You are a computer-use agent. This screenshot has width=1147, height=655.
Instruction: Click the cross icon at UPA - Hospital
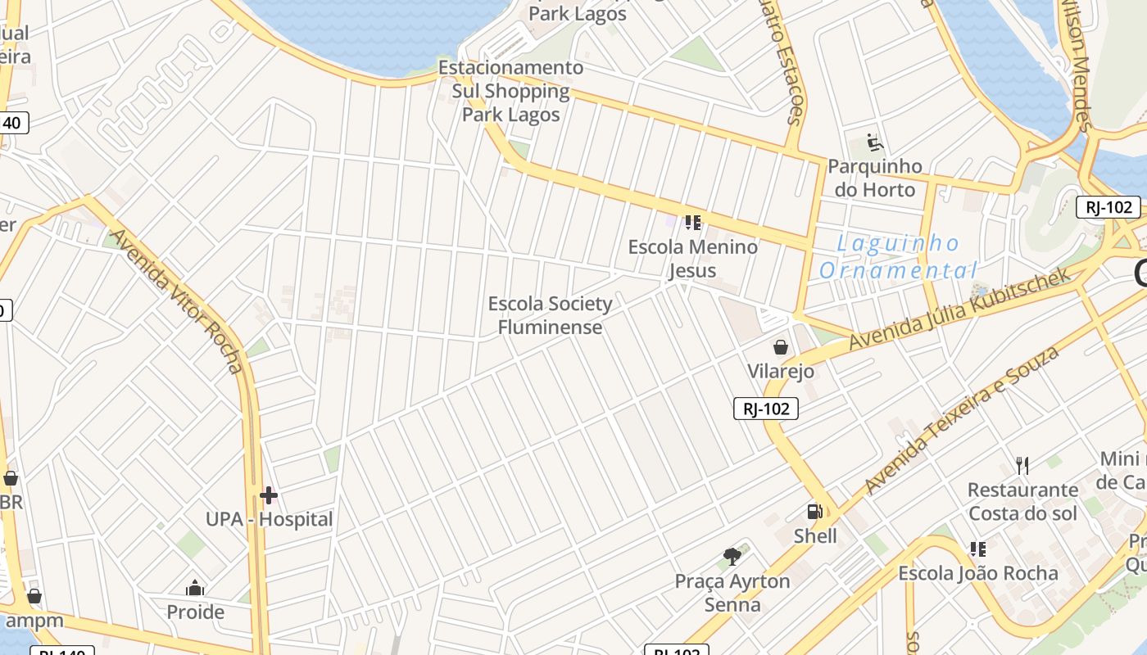pos(268,495)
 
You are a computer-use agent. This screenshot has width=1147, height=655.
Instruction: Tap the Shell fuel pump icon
pos(815,512)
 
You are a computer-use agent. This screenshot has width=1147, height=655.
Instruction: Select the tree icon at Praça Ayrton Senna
pos(732,557)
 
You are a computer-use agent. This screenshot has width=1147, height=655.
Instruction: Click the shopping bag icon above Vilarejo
pos(781,347)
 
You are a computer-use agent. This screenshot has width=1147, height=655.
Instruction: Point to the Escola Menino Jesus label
pos(692,258)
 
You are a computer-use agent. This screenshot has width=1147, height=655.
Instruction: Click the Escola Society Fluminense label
pos(550,315)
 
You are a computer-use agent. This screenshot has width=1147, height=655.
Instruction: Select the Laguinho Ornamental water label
pos(898,256)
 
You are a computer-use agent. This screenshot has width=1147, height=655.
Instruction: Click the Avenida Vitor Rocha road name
pos(177,300)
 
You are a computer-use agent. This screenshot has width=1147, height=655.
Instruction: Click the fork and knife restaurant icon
pos(1022,466)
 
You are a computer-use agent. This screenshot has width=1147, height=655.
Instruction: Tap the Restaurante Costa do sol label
pos(1022,501)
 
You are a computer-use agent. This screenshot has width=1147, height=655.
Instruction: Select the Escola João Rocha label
pos(978,572)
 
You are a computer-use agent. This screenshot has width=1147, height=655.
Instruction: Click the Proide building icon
pos(195,588)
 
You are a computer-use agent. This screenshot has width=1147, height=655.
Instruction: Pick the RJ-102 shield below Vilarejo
pos(765,408)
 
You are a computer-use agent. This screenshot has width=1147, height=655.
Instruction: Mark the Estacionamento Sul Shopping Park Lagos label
pos(511,91)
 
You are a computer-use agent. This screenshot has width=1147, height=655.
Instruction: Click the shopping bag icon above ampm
pos(34,596)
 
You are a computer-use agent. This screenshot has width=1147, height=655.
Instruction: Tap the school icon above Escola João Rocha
pos(977,549)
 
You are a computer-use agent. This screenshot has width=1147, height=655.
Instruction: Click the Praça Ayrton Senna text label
pos(732,593)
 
